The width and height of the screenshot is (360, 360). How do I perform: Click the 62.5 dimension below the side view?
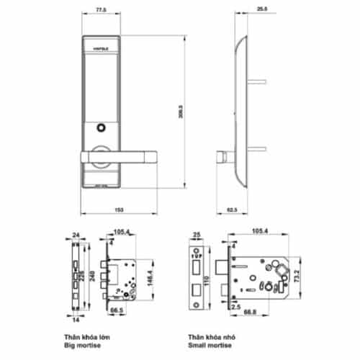232,210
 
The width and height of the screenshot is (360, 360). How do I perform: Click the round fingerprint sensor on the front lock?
99,130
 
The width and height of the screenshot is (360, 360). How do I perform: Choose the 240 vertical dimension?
93,276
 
